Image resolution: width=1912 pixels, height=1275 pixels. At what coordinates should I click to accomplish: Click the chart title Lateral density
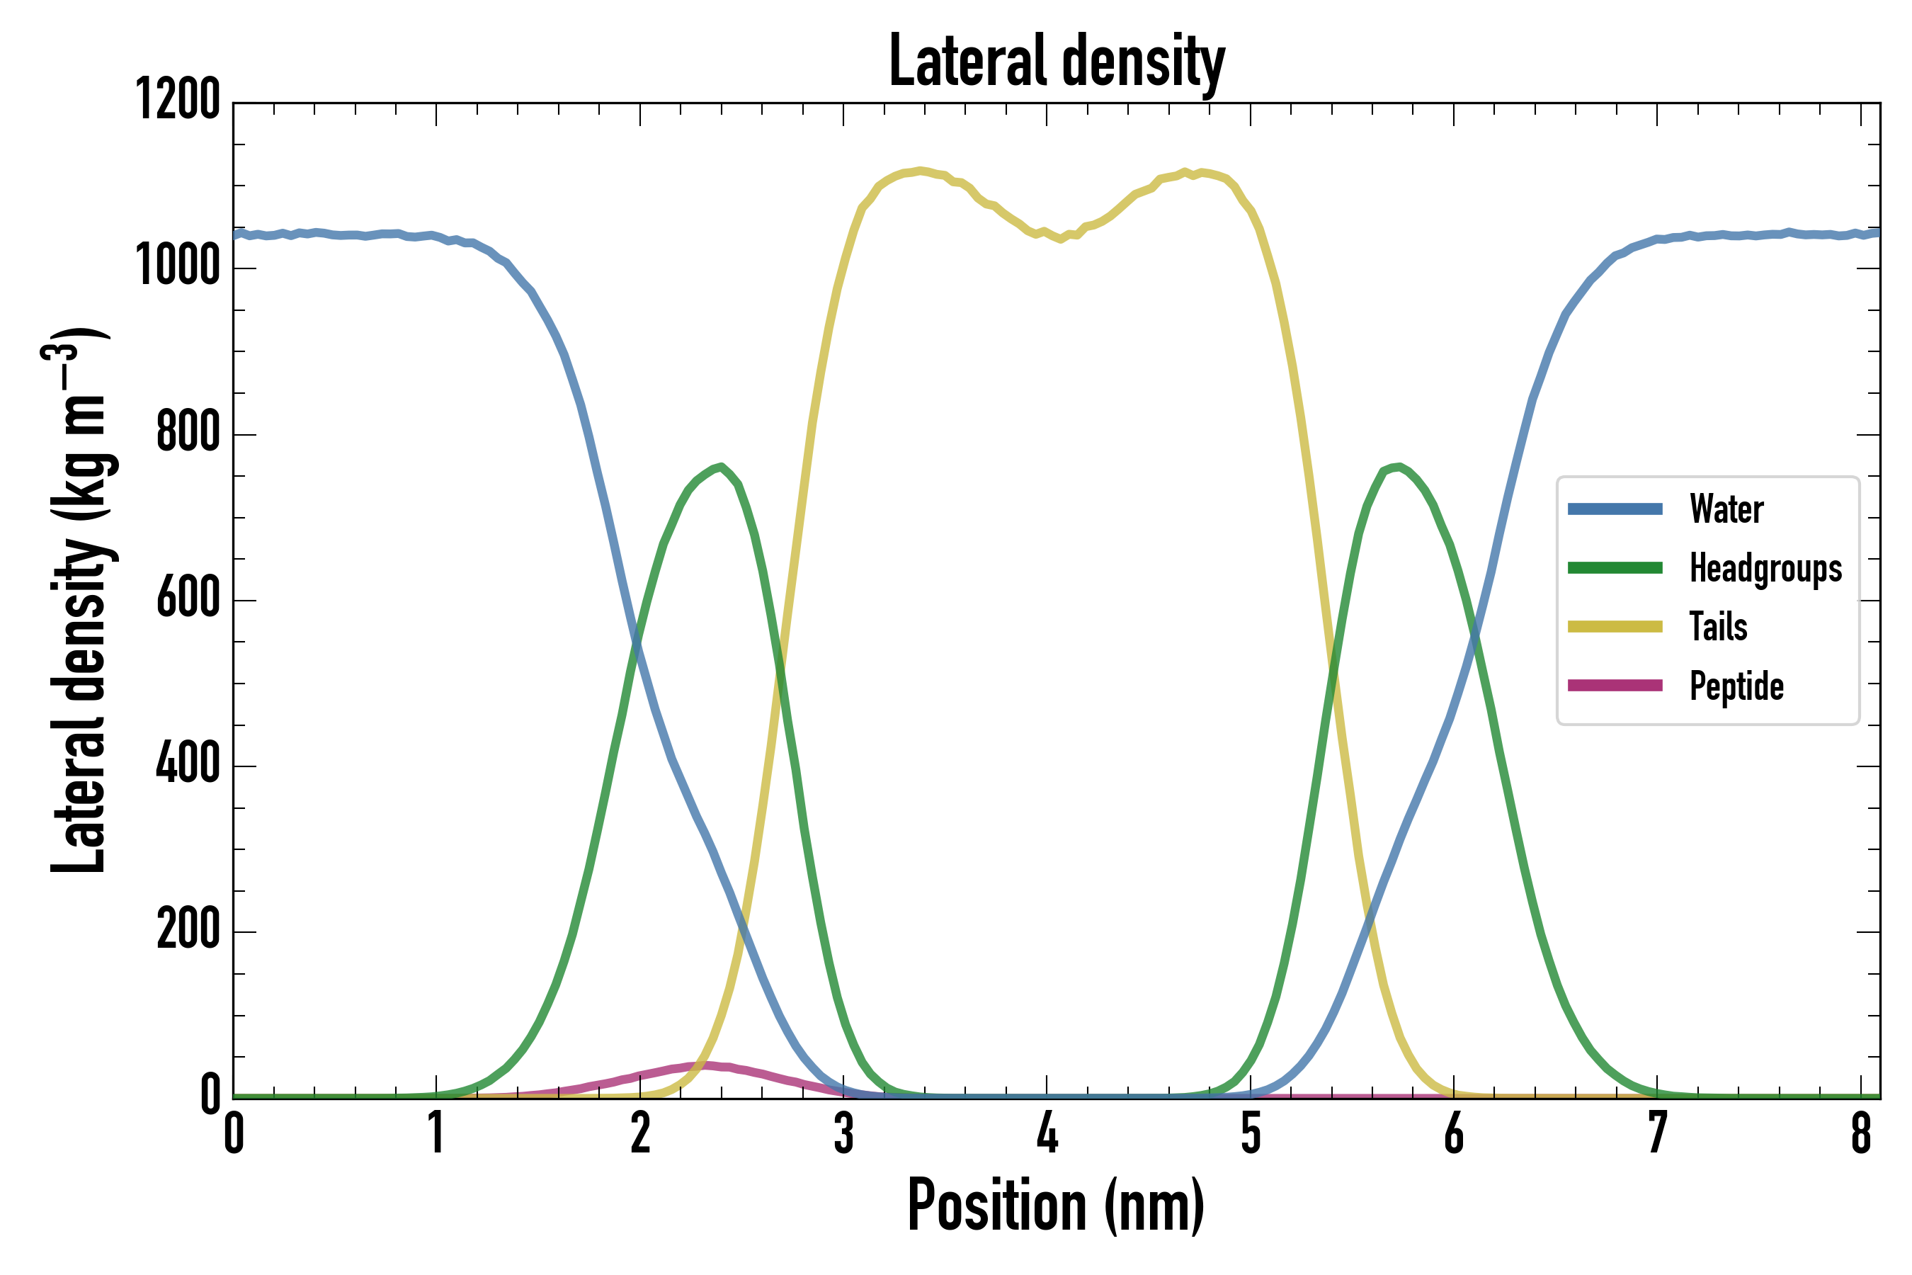point(1057,62)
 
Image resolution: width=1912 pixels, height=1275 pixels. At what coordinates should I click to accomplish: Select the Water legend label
point(1726,509)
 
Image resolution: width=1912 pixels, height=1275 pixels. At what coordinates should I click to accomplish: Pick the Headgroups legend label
point(1765,568)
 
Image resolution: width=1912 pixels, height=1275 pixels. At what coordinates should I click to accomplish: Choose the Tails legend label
point(1719,627)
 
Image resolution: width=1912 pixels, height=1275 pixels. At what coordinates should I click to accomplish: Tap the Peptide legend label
point(1736,686)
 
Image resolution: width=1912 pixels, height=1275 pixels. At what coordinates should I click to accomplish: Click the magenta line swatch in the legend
point(1615,686)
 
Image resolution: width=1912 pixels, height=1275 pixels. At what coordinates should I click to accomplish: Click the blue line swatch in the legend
point(1615,509)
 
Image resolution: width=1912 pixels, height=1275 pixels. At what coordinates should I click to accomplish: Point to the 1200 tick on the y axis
point(177,100)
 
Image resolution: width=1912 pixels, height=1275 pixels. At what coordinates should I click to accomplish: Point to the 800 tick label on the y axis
point(188,433)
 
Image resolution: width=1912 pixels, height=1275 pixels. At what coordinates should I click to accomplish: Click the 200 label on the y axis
point(188,930)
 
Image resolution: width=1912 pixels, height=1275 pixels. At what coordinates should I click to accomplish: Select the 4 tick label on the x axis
point(1047,1133)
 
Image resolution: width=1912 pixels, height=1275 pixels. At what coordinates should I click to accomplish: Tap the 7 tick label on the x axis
point(1658,1133)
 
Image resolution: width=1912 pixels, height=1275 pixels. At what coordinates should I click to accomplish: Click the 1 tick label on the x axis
point(436,1133)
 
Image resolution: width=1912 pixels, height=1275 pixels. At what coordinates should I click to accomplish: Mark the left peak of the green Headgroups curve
point(720,467)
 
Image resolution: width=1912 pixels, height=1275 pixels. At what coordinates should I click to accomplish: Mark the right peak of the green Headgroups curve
point(1396,466)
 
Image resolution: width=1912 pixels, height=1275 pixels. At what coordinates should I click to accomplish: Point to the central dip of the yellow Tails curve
point(1060,239)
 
